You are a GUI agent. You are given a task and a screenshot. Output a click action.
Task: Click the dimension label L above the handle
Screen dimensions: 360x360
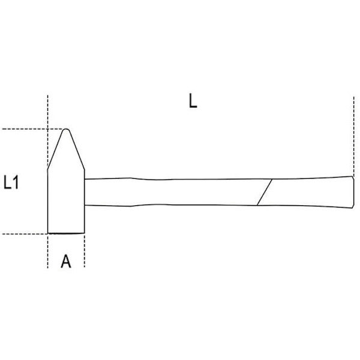tap(193, 101)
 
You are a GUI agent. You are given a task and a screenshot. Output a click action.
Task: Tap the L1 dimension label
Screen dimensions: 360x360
tap(11, 182)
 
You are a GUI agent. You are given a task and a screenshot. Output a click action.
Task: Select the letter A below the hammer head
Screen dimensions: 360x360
tap(66, 261)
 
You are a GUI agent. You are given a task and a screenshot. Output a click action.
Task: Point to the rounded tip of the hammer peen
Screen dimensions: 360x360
tap(66, 130)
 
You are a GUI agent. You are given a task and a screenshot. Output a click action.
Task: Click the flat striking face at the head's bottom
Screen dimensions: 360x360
tap(66, 233)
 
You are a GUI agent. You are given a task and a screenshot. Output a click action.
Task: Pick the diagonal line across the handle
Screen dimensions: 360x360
tap(265, 192)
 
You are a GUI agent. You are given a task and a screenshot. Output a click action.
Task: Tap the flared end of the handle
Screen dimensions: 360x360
tap(353, 192)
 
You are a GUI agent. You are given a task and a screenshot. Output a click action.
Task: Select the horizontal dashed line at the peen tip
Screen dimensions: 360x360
tap(32, 129)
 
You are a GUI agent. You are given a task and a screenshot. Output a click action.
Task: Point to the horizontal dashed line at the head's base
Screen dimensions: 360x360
tap(25, 234)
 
